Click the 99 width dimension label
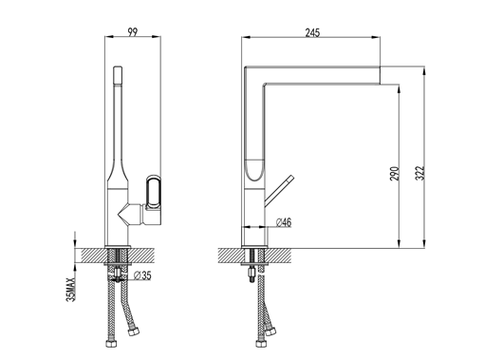pyautogui.click(x=133, y=32)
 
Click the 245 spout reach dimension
pyautogui.click(x=312, y=32)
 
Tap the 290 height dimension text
pyautogui.click(x=395, y=173)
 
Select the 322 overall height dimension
pyautogui.click(x=419, y=173)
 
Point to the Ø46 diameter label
pyautogui.click(x=284, y=222)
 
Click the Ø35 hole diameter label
pyautogui.click(x=142, y=275)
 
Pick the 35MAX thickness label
pyautogui.click(x=71, y=290)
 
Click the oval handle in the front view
pyautogui.click(x=154, y=192)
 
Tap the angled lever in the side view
pyautogui.click(x=279, y=191)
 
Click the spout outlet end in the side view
pyautogui.click(x=380, y=75)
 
